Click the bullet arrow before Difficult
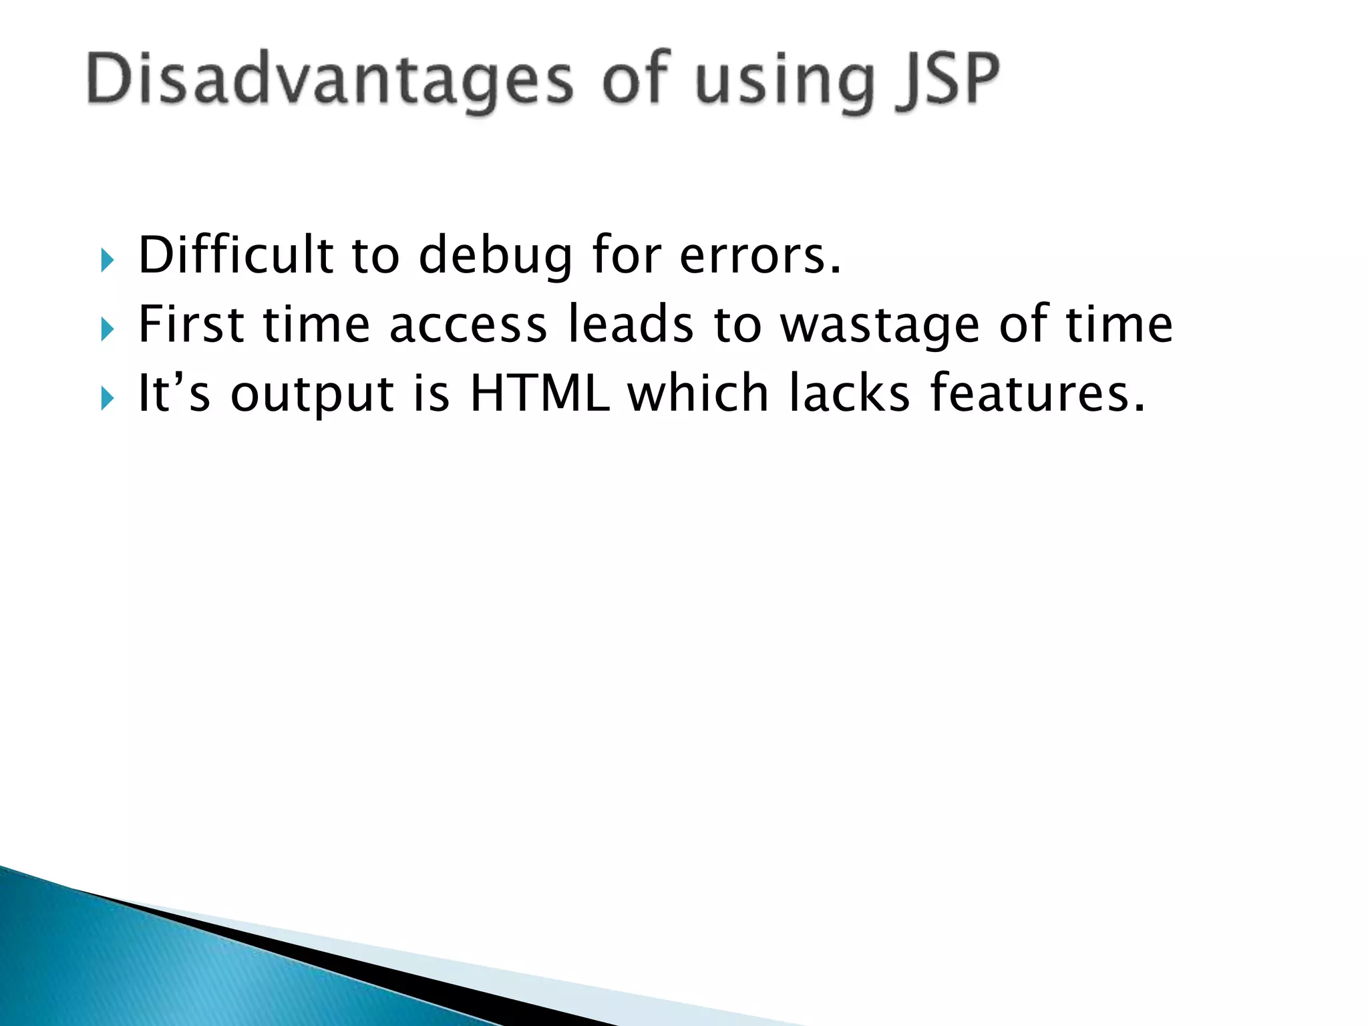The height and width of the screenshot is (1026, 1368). click(x=108, y=259)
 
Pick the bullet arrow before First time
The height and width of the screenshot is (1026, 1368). click(x=108, y=329)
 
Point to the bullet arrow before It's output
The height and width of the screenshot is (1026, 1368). click(x=108, y=398)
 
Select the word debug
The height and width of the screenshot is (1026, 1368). click(x=495, y=257)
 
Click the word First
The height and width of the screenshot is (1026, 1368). click(x=191, y=325)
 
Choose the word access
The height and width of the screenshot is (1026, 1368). click(x=468, y=326)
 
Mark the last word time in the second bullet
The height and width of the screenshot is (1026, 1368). click(x=1119, y=325)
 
